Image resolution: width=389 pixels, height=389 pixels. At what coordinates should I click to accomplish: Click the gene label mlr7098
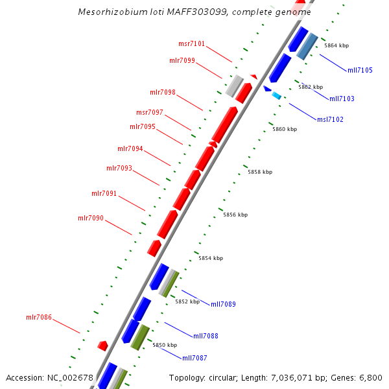[163, 92]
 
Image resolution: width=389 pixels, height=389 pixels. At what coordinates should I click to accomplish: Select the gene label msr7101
[191, 44]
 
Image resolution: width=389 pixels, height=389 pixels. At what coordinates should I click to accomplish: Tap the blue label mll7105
[360, 70]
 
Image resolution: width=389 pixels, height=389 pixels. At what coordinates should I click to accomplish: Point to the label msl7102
[330, 119]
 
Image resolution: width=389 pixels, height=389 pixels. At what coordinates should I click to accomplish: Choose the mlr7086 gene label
[39, 318]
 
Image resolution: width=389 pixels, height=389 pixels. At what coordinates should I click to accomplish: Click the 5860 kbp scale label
[285, 129]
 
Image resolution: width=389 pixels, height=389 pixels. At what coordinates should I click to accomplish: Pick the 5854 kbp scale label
[211, 258]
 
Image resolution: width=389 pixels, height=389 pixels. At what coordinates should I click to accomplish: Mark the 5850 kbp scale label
[165, 346]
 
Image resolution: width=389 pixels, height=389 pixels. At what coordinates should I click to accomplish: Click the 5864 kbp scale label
[336, 46]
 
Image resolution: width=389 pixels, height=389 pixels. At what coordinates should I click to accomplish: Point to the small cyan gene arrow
[277, 96]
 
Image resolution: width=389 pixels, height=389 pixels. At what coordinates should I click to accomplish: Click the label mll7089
[223, 304]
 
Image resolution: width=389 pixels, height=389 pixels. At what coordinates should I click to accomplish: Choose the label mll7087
[194, 358]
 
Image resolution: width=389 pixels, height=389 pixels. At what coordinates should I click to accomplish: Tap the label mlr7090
[91, 218]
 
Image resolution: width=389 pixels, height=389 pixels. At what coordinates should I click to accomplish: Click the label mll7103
[342, 99]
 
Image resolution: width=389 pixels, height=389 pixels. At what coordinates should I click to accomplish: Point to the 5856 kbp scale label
[235, 215]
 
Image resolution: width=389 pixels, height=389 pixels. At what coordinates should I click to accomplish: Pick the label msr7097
[150, 112]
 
